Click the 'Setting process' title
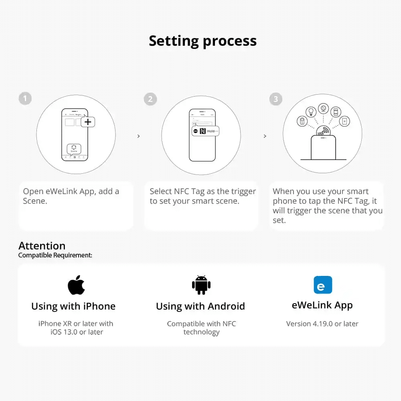click(203, 41)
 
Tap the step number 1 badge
click(25, 99)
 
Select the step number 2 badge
click(150, 99)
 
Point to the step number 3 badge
click(276, 99)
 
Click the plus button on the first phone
click(88, 122)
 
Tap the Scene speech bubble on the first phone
click(74, 149)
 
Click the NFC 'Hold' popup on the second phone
click(205, 131)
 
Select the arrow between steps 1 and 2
click(139, 136)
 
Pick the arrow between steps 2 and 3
click(265, 136)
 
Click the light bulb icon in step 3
click(311, 112)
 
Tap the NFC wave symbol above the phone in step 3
click(323, 132)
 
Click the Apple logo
click(76, 285)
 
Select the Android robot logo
click(201, 285)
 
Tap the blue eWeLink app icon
click(323, 285)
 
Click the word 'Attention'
click(42, 246)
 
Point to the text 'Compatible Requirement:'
click(55, 255)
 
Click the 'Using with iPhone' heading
click(73, 306)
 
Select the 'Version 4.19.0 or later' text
click(322, 324)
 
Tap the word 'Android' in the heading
click(226, 306)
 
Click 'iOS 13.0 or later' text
click(77, 332)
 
